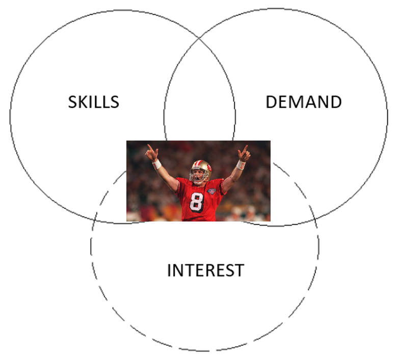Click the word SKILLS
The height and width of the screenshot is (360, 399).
[94, 102]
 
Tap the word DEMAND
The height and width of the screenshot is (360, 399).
[304, 102]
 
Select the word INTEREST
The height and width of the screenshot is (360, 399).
[205, 270]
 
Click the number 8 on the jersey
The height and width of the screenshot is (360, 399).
[196, 202]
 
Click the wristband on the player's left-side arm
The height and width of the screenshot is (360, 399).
[157, 164]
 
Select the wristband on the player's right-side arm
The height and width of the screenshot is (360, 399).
[240, 165]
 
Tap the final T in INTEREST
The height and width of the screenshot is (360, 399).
[239, 270]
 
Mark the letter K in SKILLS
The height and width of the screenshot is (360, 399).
[86, 102]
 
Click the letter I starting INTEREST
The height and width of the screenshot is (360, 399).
[169, 270]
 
